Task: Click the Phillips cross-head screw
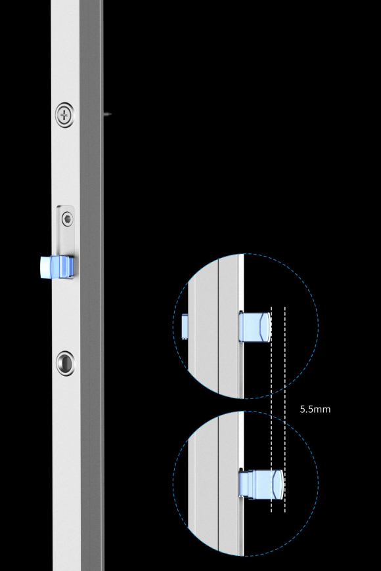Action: click(64, 116)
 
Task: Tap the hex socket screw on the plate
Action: click(67, 219)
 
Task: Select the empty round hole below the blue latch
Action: click(65, 363)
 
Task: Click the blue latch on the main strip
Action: click(57, 267)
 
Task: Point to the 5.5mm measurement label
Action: click(315, 410)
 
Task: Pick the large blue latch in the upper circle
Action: click(256, 327)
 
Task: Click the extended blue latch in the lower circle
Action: click(261, 484)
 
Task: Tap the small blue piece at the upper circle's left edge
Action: click(185, 326)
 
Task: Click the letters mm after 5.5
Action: click(322, 410)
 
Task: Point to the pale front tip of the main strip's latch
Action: click(45, 267)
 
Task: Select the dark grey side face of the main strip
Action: click(91, 285)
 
